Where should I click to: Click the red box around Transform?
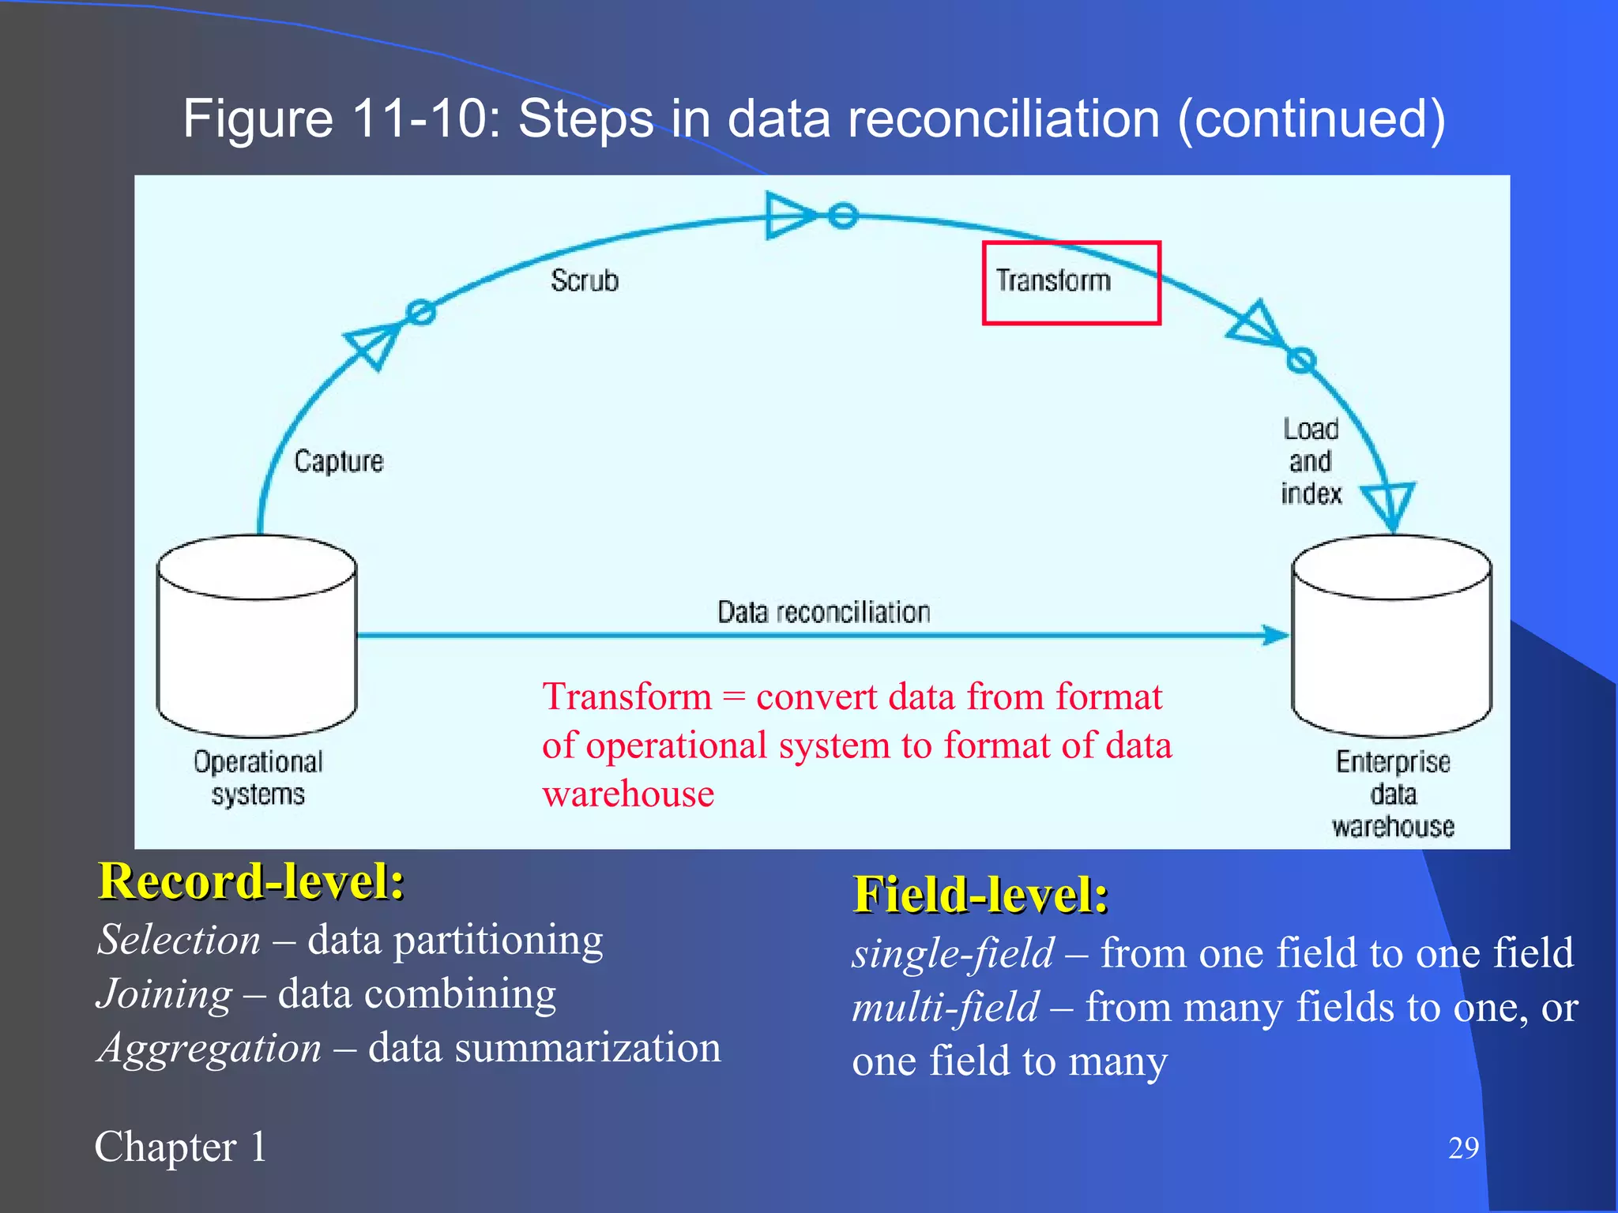(1071, 283)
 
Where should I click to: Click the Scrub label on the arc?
(584, 280)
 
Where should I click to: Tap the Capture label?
(338, 461)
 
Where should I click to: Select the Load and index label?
(1311, 461)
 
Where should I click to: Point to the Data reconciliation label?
(823, 612)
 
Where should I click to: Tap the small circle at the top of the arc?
(843, 215)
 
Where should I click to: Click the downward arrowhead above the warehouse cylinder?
(1389, 505)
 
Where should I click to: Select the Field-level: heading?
(980, 895)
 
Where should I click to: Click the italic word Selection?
(179, 940)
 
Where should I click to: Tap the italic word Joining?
(164, 993)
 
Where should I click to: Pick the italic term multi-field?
(946, 1008)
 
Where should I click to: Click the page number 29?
(1462, 1147)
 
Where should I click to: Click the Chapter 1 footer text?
(181, 1147)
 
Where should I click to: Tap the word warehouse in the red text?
(628, 794)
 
